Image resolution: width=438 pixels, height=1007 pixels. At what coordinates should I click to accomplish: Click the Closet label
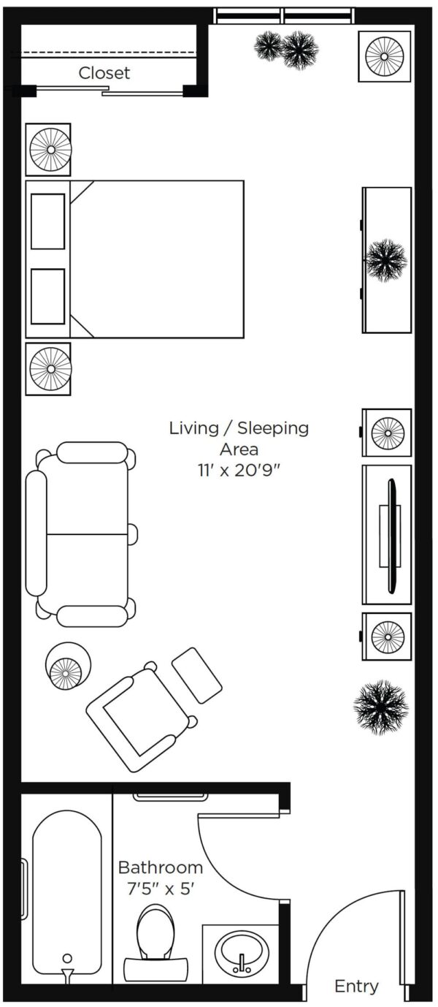click(104, 73)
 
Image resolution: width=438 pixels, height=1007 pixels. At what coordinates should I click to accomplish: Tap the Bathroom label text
click(161, 867)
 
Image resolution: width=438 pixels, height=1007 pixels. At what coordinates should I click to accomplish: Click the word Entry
click(357, 987)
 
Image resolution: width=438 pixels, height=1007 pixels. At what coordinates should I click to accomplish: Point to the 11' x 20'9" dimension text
click(239, 471)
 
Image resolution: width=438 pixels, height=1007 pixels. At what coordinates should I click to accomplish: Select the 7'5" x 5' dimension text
click(161, 889)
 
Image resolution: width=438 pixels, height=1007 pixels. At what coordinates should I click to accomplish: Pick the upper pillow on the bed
click(47, 221)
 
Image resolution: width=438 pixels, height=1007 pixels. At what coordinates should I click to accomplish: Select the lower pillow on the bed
click(47, 296)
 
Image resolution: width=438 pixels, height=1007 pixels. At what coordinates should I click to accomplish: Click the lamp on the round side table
click(66, 673)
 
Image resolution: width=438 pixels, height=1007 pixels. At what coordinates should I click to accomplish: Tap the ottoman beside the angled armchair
click(197, 674)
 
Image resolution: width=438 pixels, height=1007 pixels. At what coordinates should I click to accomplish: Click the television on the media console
click(392, 536)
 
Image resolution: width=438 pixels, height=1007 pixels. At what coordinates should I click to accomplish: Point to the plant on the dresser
click(386, 260)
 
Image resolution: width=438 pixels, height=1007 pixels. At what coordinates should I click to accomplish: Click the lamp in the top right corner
click(385, 56)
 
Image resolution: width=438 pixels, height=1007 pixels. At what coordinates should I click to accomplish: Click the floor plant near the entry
click(381, 707)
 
